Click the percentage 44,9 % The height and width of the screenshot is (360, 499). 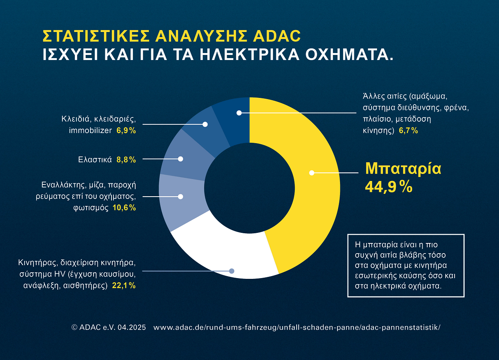[x=388, y=187]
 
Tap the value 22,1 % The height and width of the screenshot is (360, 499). [x=124, y=286]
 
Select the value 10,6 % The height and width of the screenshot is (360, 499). [x=124, y=208]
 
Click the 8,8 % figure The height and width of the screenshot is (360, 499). [x=126, y=160]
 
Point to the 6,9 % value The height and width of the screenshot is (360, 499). [x=126, y=131]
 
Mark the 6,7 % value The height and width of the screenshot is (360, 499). [x=408, y=131]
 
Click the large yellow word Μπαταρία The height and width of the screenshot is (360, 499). [x=403, y=169]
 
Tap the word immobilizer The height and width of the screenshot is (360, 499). [x=90, y=131]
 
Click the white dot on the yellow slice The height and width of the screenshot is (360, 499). [x=311, y=173]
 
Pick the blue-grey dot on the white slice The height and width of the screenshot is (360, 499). [x=232, y=271]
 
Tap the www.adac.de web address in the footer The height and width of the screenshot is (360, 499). [x=297, y=327]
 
